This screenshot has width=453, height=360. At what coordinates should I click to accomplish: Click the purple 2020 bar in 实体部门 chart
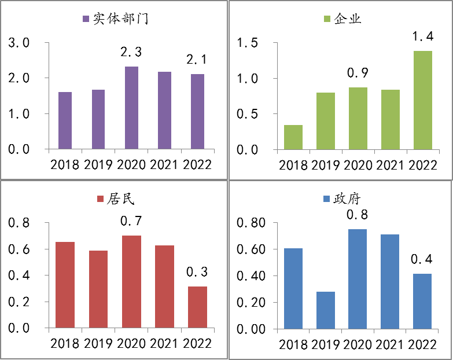pos(131,108)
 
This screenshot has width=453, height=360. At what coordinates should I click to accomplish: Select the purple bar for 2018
pos(65,120)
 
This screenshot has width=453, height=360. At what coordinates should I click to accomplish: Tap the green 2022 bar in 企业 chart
pos(422,100)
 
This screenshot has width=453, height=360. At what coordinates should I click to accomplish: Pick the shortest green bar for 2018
pos(293,137)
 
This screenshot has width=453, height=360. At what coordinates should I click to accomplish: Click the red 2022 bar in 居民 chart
pos(197,307)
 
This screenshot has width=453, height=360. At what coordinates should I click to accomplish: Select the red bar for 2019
pos(98,289)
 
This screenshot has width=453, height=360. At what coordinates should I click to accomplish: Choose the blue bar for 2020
pos(358,279)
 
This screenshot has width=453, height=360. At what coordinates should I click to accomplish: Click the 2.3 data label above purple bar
pos(131,52)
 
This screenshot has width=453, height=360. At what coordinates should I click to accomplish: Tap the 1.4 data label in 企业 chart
pos(422,36)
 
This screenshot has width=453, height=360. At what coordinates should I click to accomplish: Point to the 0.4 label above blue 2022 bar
pos(422,259)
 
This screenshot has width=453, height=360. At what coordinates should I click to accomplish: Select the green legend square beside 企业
pos(327,19)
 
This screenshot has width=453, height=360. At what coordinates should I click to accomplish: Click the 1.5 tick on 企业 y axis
pos(248,43)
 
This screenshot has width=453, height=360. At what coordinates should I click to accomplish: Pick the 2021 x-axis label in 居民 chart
pos(164,343)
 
